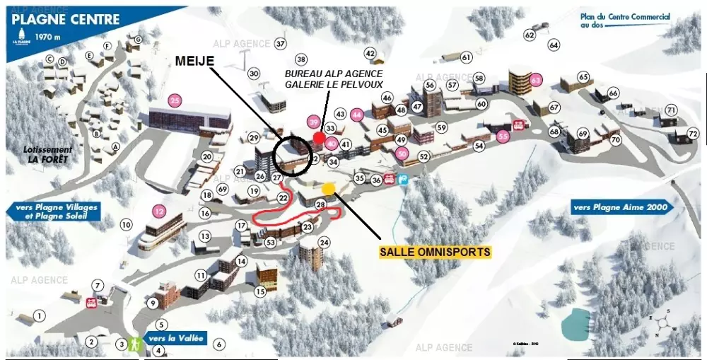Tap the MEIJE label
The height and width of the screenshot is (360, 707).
194,62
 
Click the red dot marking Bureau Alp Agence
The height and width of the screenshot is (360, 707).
319,137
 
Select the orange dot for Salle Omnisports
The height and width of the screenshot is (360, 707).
328,188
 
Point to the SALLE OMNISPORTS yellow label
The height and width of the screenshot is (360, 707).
435,251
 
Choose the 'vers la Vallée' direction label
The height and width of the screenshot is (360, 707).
175,339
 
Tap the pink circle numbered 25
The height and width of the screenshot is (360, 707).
175,100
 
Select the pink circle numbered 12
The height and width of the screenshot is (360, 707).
159,210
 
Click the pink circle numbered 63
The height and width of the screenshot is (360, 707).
535,79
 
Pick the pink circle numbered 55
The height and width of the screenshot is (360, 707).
503,136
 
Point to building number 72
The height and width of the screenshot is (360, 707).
693,134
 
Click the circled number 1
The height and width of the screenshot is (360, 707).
40,316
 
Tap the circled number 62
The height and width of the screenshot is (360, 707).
530,35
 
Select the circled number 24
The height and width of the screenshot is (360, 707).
325,243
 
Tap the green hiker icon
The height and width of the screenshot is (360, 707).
133,343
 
